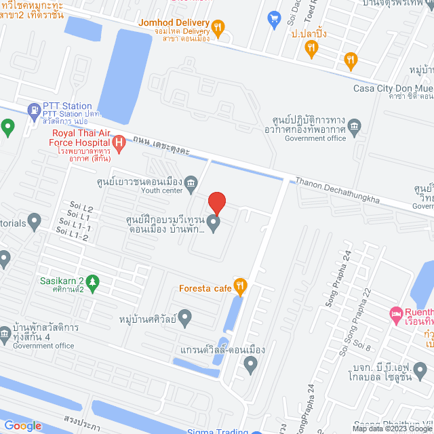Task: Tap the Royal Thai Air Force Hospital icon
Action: tap(119, 142)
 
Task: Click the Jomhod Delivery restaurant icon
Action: tap(217, 27)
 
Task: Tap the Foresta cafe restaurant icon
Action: tap(239, 284)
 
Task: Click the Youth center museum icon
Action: tap(192, 182)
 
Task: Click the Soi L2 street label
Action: tap(81, 207)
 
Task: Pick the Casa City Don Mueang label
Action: tap(393, 88)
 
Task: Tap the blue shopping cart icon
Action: tap(274, 18)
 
